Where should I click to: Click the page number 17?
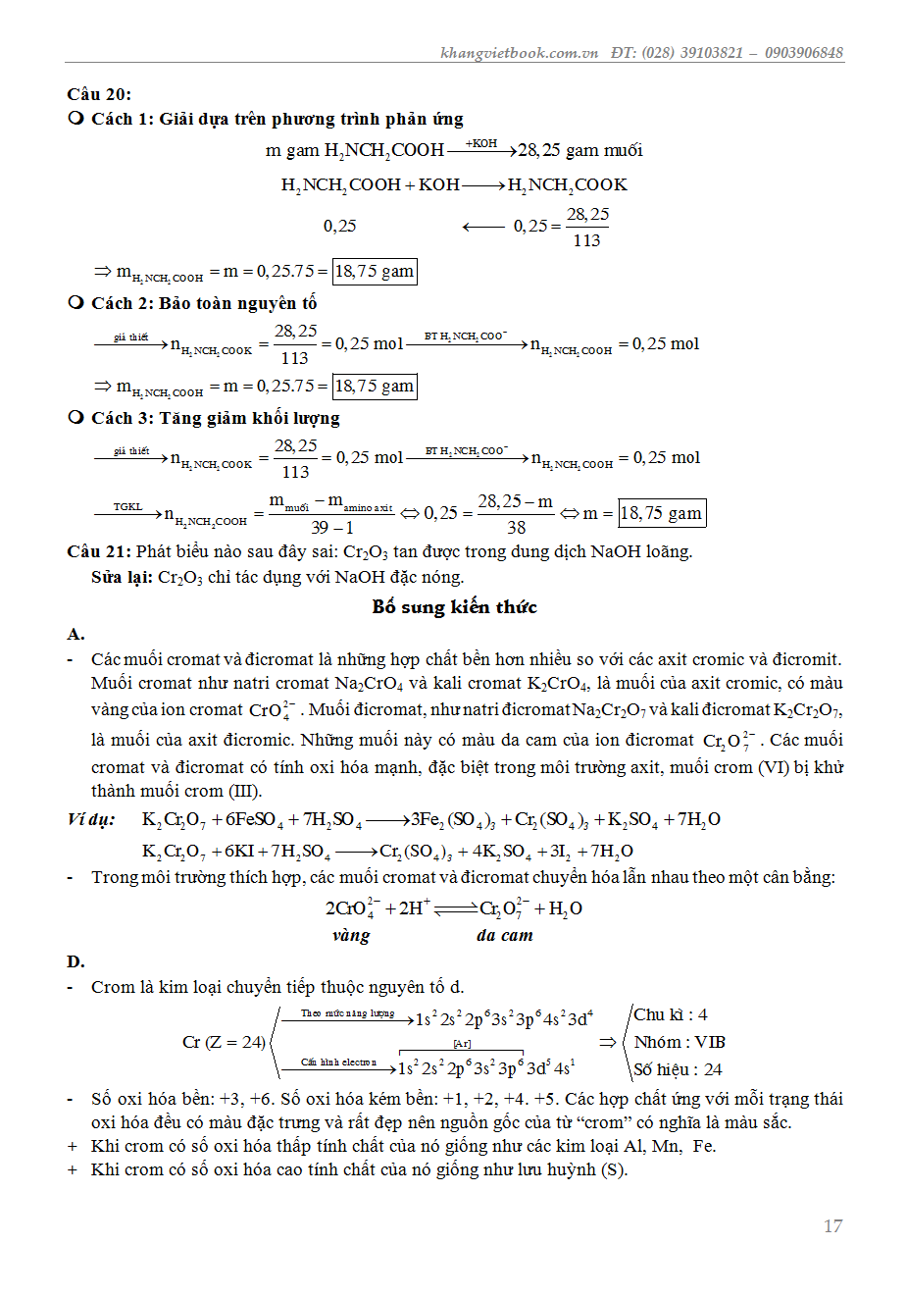tap(832, 1225)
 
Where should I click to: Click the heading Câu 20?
tap(99, 94)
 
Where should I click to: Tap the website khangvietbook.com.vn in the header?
tap(519, 53)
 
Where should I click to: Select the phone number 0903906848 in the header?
tap(803, 53)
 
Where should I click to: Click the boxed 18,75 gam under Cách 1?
tap(375, 271)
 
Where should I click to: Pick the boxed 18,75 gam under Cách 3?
tap(661, 513)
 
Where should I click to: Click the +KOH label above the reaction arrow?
tap(480, 143)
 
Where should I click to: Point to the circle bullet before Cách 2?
tap(76, 302)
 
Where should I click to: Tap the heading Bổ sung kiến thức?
tap(454, 606)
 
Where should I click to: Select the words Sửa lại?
tap(122, 577)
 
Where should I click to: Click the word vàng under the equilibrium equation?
tap(351, 935)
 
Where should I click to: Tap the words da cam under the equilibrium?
tap(505, 935)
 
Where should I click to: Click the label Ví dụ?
tap(91, 819)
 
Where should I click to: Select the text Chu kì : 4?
tap(671, 1014)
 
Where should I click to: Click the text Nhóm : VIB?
tap(680, 1042)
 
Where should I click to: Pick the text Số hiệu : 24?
tap(678, 1069)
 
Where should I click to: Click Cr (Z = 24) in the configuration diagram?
tap(224, 1042)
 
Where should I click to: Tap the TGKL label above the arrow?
tap(127, 506)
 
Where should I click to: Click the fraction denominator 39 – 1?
tap(332, 528)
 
